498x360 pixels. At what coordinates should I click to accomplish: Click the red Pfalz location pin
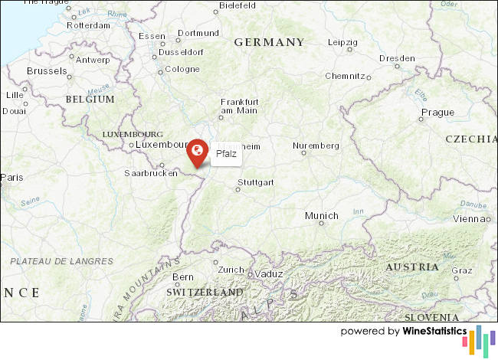point(197,151)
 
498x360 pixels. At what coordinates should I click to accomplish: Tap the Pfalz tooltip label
point(226,154)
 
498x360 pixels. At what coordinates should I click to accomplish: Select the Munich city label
point(321,216)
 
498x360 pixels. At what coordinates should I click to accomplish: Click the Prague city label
point(437,112)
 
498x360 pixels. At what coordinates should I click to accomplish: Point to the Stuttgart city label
point(256,182)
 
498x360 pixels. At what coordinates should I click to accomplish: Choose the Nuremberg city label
point(316,146)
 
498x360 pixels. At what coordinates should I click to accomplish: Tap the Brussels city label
point(48,70)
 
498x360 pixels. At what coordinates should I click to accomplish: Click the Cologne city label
point(182,69)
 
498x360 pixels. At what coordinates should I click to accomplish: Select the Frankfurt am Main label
point(239,106)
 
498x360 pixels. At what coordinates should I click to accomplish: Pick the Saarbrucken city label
point(151,173)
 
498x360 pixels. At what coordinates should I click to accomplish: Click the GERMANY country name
point(269,42)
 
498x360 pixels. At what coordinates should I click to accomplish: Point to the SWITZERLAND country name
point(205,293)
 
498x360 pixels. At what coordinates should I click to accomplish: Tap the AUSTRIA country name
point(412,267)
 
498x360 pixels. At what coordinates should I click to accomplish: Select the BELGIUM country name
point(90,100)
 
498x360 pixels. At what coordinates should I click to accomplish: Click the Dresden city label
point(397,58)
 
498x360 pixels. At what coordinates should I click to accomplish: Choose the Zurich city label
point(230,270)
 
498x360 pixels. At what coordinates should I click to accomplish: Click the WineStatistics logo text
point(434,332)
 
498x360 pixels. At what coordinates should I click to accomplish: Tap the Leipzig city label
point(342,42)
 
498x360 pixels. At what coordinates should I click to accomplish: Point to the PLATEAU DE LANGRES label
point(61,261)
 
